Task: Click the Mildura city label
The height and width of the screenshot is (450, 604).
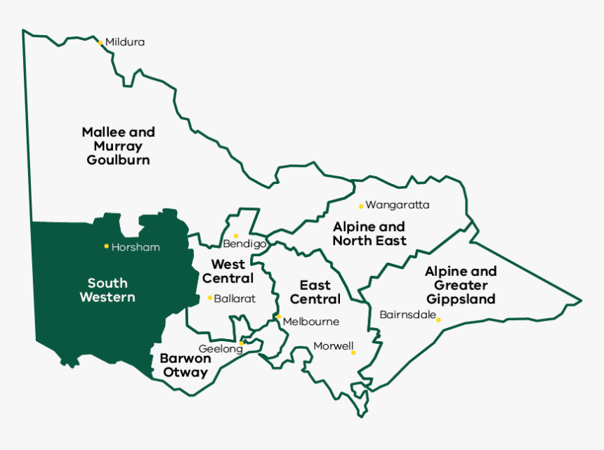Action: [125, 42]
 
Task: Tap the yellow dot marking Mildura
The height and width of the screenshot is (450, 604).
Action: [100, 43]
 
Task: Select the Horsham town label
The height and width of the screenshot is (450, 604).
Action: [136, 247]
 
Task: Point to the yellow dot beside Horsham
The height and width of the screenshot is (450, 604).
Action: [106, 246]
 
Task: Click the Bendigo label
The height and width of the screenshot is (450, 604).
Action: [244, 244]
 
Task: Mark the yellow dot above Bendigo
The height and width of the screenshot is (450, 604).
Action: [236, 235]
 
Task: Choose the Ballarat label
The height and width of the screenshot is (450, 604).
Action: [235, 298]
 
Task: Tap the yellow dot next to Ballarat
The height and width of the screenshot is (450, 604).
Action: [210, 298]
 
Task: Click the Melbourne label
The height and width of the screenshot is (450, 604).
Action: [310, 322]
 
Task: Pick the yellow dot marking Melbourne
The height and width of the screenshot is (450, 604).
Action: [278, 317]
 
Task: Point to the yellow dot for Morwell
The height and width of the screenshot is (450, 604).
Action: [353, 352]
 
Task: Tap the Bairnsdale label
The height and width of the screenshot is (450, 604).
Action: [407, 315]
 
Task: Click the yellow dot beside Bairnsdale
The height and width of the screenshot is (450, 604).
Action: [439, 320]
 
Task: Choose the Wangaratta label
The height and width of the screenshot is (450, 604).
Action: [398, 205]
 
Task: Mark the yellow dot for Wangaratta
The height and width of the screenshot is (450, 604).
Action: [361, 206]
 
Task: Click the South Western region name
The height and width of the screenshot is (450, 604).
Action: [107, 290]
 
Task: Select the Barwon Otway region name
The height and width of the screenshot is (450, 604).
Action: [184, 365]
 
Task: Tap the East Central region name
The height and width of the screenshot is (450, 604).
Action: [315, 292]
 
